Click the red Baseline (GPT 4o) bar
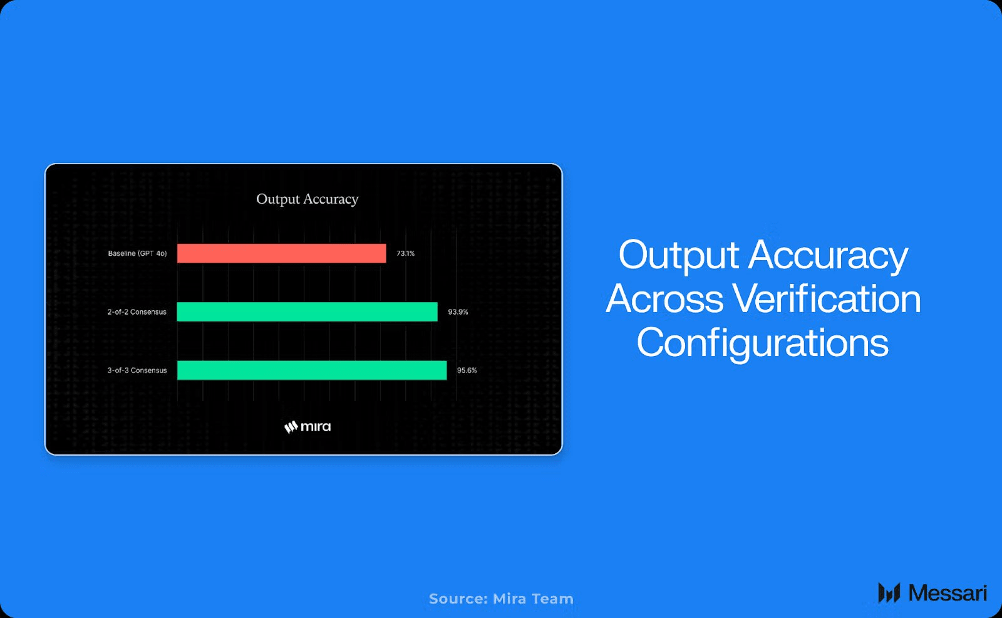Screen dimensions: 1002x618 [281, 253]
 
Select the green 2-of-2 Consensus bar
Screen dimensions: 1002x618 [307, 312]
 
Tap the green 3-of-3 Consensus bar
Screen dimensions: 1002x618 [312, 370]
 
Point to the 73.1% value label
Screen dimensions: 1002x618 [405, 253]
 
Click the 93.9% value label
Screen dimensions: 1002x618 [458, 312]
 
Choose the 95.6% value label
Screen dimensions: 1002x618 [467, 370]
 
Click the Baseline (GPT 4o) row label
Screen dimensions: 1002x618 [137, 253]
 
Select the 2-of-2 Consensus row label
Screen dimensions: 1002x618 [137, 312]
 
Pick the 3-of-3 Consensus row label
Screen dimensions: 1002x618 [137, 370]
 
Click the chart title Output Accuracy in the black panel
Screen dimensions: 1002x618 [307, 199]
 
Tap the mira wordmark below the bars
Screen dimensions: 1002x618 [316, 426]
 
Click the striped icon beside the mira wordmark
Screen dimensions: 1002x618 [291, 427]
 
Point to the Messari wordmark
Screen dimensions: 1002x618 [948, 593]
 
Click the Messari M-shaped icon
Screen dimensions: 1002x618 [889, 593]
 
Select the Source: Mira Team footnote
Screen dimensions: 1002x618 [501, 599]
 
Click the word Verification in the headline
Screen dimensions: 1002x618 [827, 299]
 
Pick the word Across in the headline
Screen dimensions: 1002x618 [664, 299]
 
